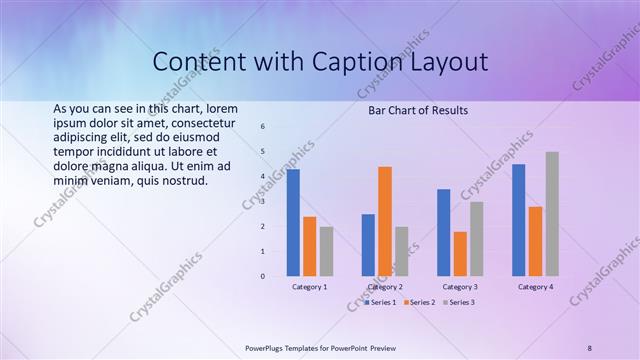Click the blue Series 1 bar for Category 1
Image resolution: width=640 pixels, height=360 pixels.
(293, 223)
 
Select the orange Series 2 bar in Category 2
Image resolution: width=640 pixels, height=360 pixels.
(385, 221)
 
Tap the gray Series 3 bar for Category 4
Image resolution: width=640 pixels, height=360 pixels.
(552, 214)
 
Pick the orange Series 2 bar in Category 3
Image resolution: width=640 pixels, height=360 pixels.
(460, 254)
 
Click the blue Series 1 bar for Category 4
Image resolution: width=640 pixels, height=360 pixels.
(518, 220)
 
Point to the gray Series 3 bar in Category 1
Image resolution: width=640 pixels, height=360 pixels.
(326, 251)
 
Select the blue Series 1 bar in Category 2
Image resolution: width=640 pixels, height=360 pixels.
(368, 245)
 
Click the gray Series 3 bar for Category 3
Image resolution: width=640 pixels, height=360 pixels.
(477, 239)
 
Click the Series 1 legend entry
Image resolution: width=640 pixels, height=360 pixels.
(381, 302)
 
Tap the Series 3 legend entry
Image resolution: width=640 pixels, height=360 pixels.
(459, 302)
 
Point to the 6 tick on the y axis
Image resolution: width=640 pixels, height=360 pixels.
(262, 127)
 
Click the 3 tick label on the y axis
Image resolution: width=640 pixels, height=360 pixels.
(262, 201)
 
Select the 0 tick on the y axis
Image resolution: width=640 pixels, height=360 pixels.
(262, 276)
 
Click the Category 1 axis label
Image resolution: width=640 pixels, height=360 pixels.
(309, 287)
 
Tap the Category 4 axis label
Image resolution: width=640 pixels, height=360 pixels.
(535, 287)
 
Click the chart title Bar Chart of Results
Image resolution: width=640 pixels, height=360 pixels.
(419, 110)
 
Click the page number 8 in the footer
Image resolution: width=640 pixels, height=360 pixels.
(590, 347)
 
